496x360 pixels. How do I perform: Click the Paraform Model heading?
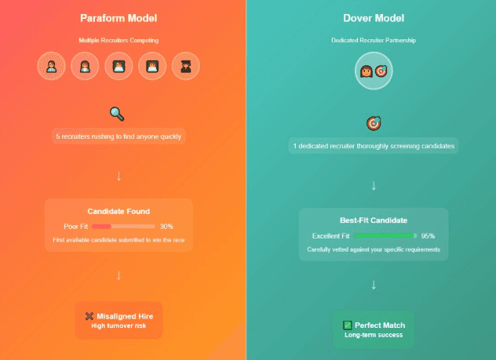pyautogui.click(x=119, y=18)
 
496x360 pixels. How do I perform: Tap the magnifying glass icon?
pyautogui.click(x=118, y=114)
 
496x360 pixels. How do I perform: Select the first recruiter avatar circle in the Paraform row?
pyautogui.click(x=52, y=67)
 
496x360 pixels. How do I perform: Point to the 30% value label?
pyautogui.click(x=166, y=226)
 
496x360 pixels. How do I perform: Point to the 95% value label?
pyautogui.click(x=428, y=235)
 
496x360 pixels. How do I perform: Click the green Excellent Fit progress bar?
pyautogui.click(x=384, y=235)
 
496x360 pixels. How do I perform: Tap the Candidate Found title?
pyautogui.click(x=119, y=211)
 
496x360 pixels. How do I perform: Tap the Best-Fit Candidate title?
pyautogui.click(x=374, y=220)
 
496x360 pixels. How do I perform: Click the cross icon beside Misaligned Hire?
pyautogui.click(x=89, y=316)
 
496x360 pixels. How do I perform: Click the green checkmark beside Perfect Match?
pyautogui.click(x=347, y=325)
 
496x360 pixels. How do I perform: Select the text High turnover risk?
pyautogui.click(x=119, y=325)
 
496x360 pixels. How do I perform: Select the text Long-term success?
pyautogui.click(x=373, y=335)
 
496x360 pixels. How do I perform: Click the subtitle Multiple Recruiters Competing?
pyautogui.click(x=119, y=39)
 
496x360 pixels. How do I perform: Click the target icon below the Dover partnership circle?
pyautogui.click(x=373, y=123)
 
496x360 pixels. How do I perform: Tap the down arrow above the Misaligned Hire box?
pyautogui.click(x=119, y=275)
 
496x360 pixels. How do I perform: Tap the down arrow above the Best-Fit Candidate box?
pyautogui.click(x=374, y=186)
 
